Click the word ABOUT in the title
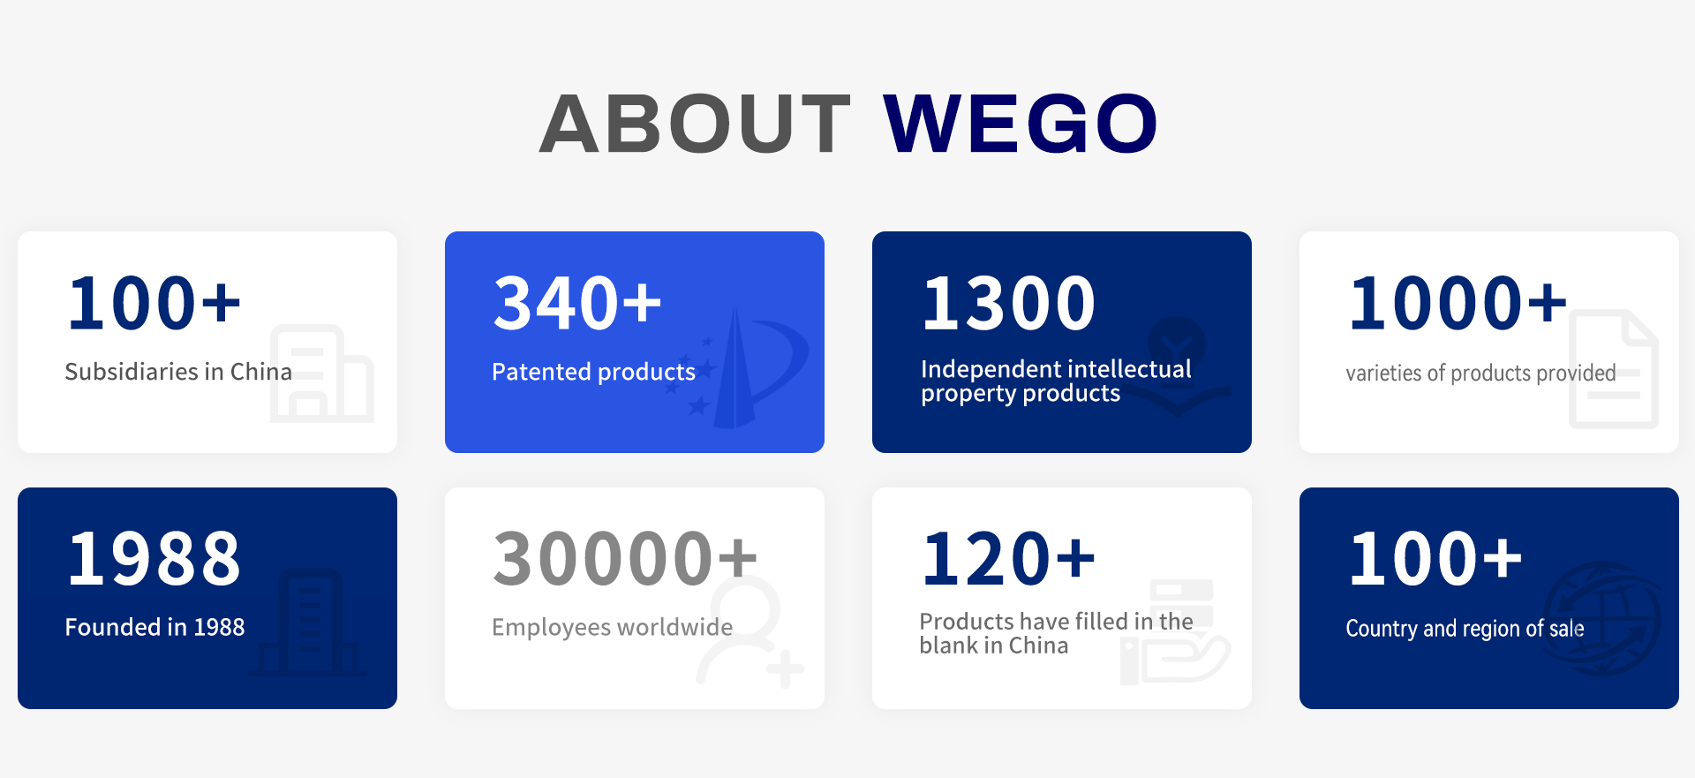click(695, 124)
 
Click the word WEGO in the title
click(1020, 124)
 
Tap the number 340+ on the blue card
click(576, 304)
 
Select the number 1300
click(1008, 304)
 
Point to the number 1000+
click(1457, 304)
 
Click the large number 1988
click(154, 559)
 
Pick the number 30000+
click(624, 559)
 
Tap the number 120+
click(1007, 559)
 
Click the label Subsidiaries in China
click(177, 372)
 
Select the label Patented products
click(593, 372)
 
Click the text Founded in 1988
click(154, 627)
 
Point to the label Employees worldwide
click(612, 627)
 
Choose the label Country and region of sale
click(1464, 629)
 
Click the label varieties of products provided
click(1480, 373)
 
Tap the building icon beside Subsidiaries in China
click(321, 374)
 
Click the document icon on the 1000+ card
click(1614, 369)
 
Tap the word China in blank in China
click(1038, 646)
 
